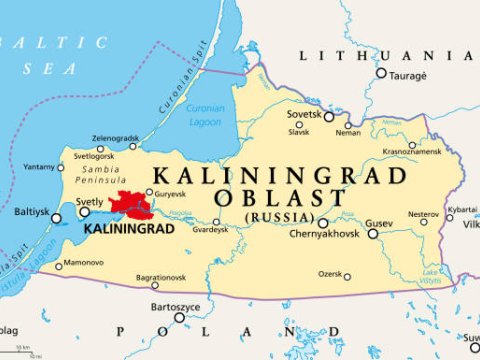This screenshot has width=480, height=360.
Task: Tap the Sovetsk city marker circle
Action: coord(329,117)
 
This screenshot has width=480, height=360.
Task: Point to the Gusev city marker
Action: coord(372,234)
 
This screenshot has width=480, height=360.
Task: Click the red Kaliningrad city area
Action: coord(130,205)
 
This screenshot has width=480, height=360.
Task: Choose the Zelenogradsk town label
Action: coord(116,137)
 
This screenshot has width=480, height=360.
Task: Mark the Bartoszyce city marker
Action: coord(179,317)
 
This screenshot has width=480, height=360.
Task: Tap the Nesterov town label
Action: coord(423,213)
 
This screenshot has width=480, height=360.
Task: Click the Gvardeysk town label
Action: coord(211,229)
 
